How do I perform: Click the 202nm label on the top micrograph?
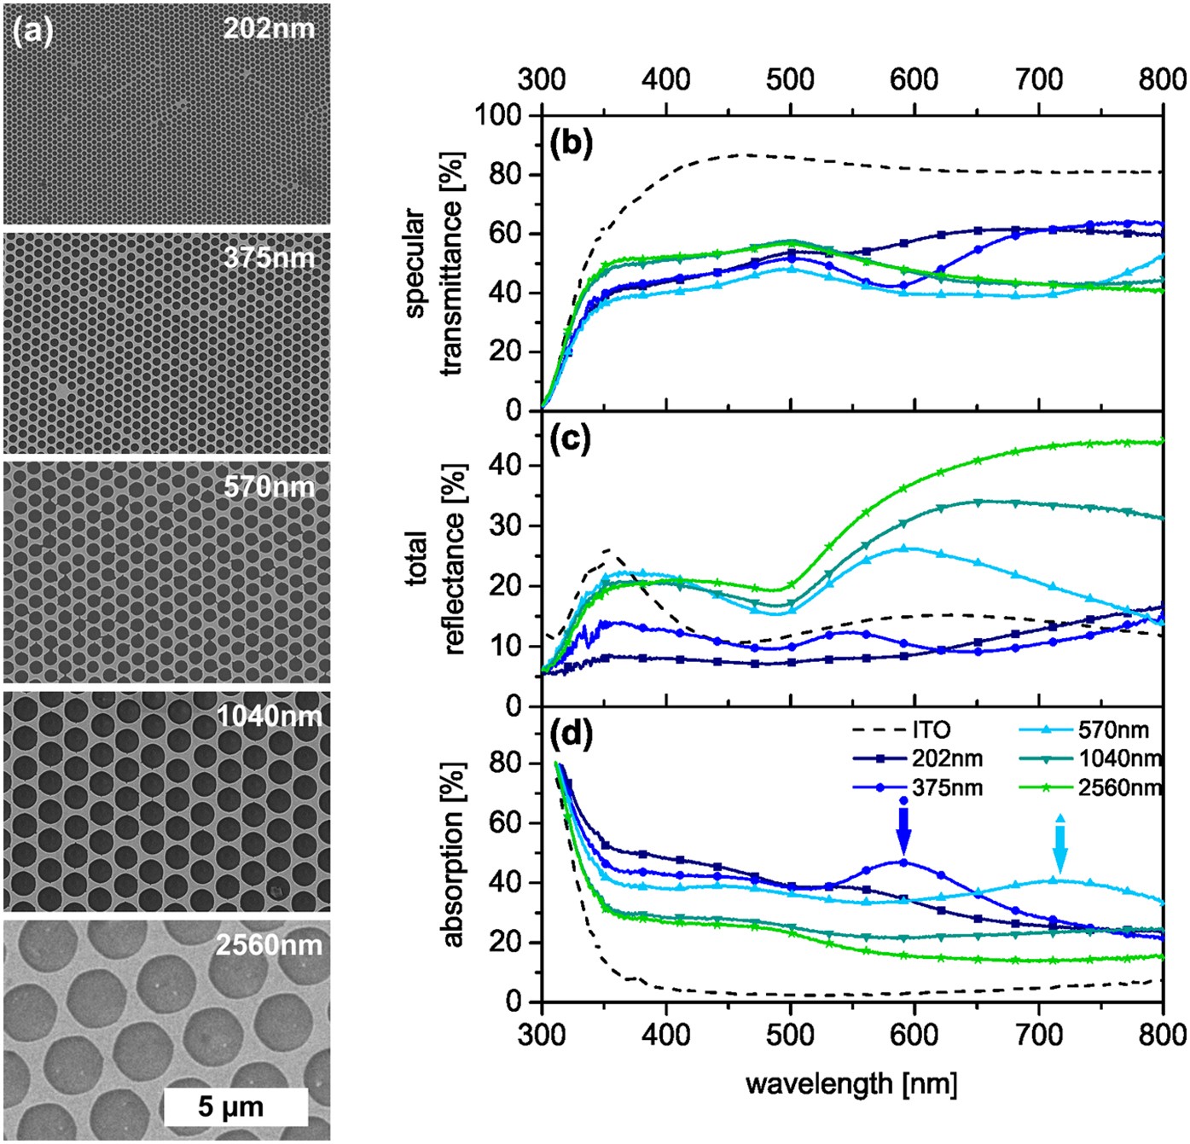269,28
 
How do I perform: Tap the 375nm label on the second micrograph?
270,257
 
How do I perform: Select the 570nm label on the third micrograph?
270,487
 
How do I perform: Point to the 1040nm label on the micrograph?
270,715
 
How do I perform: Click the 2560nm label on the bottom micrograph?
270,944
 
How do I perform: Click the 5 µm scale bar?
235,1106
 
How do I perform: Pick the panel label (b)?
571,143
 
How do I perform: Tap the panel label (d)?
571,733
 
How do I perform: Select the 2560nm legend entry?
1091,787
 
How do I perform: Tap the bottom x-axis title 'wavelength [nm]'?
851,1084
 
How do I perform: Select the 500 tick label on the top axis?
790,79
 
